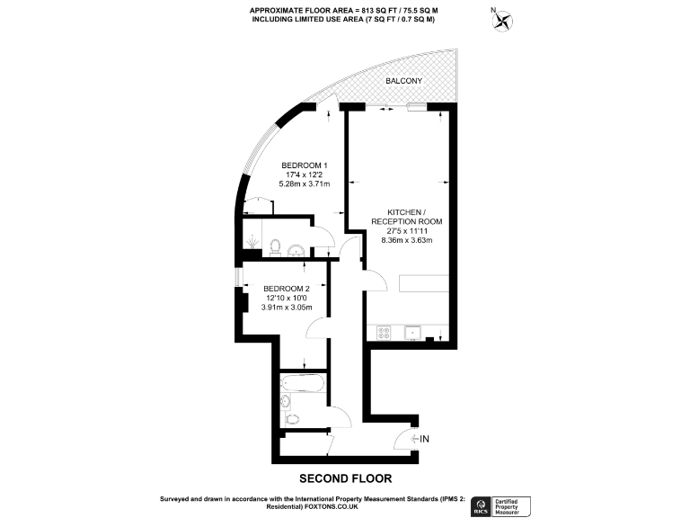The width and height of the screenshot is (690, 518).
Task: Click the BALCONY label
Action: point(404,81)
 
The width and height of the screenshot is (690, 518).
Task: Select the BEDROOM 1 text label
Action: point(305,165)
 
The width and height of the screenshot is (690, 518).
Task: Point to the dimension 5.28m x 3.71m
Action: point(305,184)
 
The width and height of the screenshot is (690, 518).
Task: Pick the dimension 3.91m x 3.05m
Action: point(286,308)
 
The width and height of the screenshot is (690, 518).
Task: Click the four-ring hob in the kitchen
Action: point(385,331)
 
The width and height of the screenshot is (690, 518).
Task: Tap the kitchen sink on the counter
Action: point(415,331)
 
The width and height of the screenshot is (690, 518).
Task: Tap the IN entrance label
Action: point(426,439)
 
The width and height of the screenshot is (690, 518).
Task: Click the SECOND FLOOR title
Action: point(345,478)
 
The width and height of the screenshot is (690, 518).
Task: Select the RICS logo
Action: point(481,505)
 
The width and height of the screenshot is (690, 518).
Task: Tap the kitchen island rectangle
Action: point(423,282)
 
